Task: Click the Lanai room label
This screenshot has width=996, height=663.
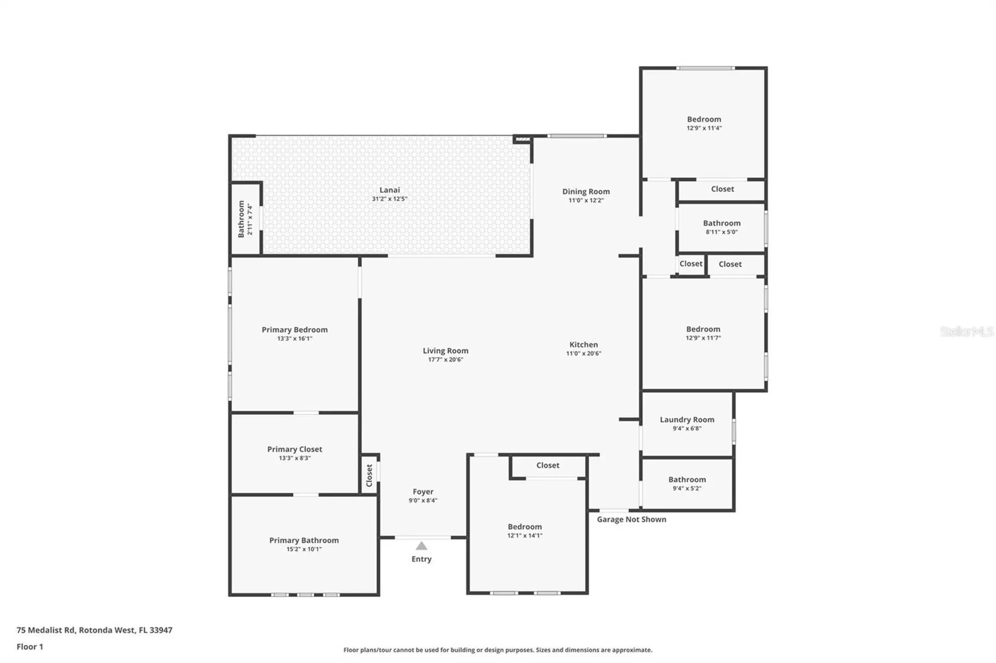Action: (x=390, y=190)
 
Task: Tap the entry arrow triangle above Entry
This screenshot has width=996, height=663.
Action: (x=421, y=546)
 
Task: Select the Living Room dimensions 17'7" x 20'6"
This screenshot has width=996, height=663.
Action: (x=445, y=359)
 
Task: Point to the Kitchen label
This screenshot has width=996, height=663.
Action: (x=584, y=344)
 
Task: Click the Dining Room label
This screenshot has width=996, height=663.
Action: (x=586, y=191)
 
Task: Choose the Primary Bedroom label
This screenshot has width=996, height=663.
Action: (x=295, y=330)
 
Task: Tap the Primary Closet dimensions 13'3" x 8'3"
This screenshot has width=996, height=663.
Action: (x=295, y=458)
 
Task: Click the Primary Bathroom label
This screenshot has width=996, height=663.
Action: (x=304, y=540)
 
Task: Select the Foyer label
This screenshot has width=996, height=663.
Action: (x=423, y=491)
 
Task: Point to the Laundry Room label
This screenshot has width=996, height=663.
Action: (x=687, y=419)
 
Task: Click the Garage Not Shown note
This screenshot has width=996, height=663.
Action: (x=631, y=519)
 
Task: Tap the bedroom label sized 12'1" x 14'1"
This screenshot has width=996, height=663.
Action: (x=524, y=527)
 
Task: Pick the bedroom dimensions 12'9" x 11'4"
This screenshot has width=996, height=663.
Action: (x=704, y=128)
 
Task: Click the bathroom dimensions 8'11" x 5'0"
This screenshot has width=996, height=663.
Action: (x=722, y=232)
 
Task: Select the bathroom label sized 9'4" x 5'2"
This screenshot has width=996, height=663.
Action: (x=687, y=479)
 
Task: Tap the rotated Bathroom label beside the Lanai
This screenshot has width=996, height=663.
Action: (x=241, y=219)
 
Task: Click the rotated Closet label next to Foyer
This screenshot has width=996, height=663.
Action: (x=369, y=475)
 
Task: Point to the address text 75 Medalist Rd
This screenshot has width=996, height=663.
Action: (x=46, y=630)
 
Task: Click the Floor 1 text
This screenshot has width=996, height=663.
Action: (x=30, y=646)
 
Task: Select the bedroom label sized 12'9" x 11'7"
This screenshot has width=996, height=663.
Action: (x=703, y=329)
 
